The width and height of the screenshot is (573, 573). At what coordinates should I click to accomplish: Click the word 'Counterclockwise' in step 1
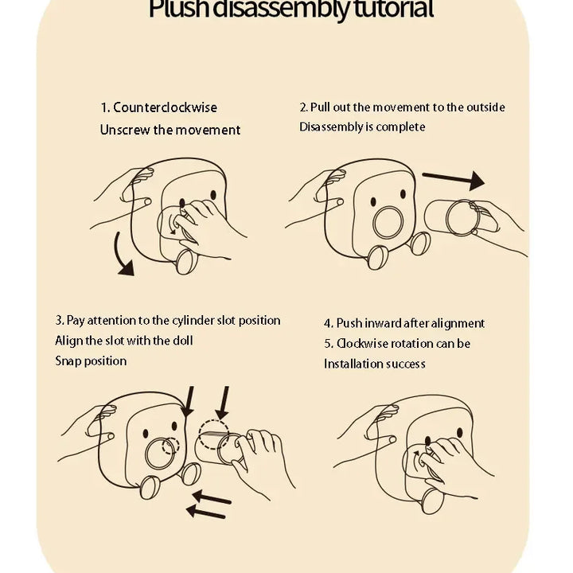pyautogui.click(x=166, y=107)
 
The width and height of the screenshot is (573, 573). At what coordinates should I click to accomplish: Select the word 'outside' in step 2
pyautogui.click(x=485, y=107)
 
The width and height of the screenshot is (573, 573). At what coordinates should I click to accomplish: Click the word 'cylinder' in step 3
pyautogui.click(x=193, y=321)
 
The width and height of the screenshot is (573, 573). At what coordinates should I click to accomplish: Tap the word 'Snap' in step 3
pyautogui.click(x=67, y=361)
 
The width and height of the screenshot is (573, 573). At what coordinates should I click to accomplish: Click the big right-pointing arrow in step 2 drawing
pyautogui.click(x=454, y=180)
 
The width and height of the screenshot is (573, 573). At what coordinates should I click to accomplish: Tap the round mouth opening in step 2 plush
pyautogui.click(x=388, y=223)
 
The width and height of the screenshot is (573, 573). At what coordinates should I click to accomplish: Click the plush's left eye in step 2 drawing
pyautogui.click(x=373, y=201)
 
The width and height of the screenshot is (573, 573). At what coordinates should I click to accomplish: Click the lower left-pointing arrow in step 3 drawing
pyautogui.click(x=206, y=513)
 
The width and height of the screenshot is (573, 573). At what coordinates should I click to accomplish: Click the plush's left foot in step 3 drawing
pyautogui.click(x=150, y=488)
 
